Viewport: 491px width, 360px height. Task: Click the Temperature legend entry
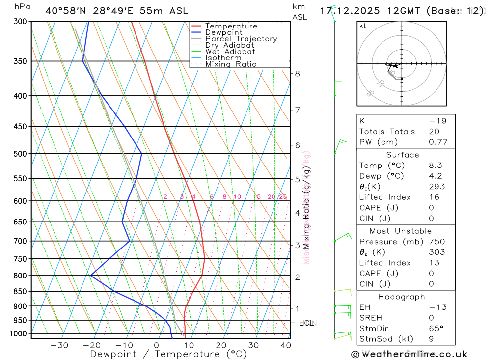click(231, 26)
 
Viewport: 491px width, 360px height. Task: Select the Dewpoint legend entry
click(224, 32)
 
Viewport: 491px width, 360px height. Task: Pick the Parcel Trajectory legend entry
click(241, 39)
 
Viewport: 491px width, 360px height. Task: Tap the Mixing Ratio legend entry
click(231, 64)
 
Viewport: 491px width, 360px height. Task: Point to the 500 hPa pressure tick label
click(20, 154)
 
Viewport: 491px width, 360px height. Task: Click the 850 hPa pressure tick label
click(20, 291)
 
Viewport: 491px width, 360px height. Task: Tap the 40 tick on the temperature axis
click(285, 345)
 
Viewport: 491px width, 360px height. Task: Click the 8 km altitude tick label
click(297, 74)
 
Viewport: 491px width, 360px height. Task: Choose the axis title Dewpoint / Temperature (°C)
click(168, 354)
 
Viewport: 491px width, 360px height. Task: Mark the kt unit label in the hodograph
click(363, 26)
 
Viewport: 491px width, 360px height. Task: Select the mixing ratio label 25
click(283, 197)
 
